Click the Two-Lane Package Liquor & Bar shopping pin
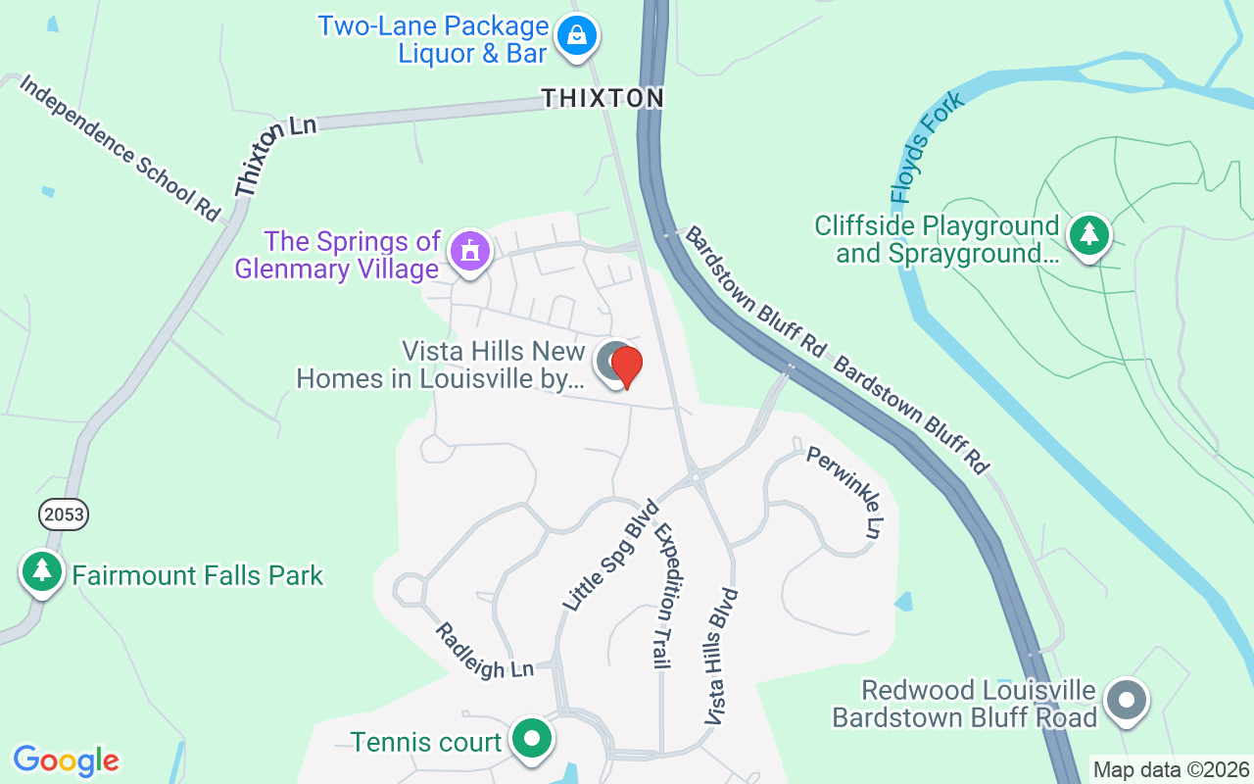577,37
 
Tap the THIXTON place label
603,98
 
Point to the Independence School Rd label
120,148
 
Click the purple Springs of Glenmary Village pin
469,252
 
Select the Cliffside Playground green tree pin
1087,235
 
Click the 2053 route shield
64,514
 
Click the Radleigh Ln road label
484,651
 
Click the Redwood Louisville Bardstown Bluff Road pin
1127,701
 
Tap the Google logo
67,759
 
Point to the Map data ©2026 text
1172,770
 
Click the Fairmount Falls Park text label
198,575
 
